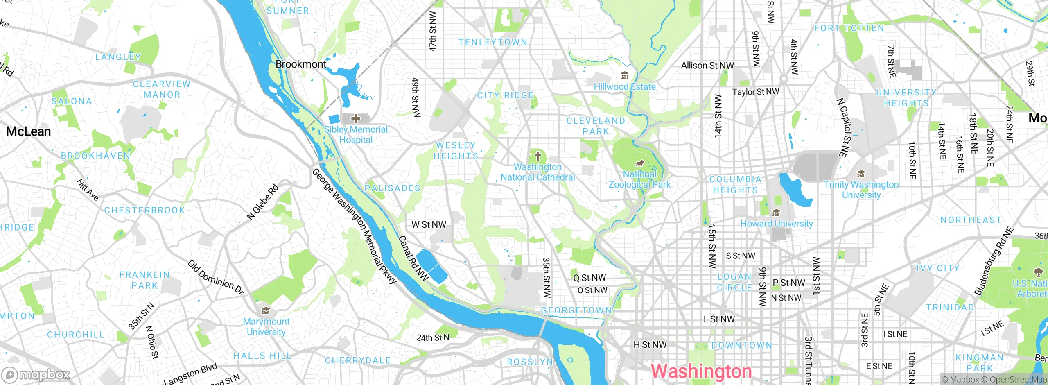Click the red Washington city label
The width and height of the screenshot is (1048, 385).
click(701, 371)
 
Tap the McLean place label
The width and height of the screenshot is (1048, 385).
click(29, 131)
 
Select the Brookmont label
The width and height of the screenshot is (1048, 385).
click(301, 64)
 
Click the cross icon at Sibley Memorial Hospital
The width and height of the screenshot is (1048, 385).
click(356, 119)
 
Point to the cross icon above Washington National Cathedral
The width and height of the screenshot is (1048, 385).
click(538, 156)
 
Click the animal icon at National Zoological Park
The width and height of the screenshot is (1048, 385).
click(640, 164)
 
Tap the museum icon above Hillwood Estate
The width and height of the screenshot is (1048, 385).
click(625, 76)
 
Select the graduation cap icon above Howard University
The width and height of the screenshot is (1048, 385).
click(776, 213)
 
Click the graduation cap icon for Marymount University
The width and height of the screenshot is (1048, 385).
click(266, 311)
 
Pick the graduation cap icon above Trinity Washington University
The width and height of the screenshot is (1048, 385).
click(861, 174)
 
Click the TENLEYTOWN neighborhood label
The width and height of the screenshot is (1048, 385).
click(493, 42)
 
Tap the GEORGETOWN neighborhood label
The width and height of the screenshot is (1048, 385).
click(576, 310)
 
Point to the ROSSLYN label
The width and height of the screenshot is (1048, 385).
click(530, 362)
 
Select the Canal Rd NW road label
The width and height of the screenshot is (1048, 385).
click(413, 258)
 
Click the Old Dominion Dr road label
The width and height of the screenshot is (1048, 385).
click(216, 277)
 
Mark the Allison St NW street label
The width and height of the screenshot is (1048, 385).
click(707, 66)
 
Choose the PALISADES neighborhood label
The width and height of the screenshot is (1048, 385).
click(393, 188)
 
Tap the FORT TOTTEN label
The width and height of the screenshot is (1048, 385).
click(849, 28)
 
